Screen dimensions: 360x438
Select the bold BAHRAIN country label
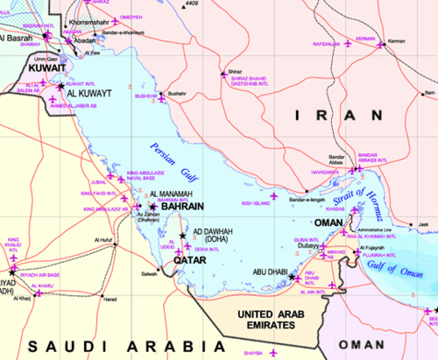183,207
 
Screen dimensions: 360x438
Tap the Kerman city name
397,41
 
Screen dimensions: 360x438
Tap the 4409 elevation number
215,4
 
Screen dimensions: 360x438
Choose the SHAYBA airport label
253,351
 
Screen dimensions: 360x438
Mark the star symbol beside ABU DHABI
292,277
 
